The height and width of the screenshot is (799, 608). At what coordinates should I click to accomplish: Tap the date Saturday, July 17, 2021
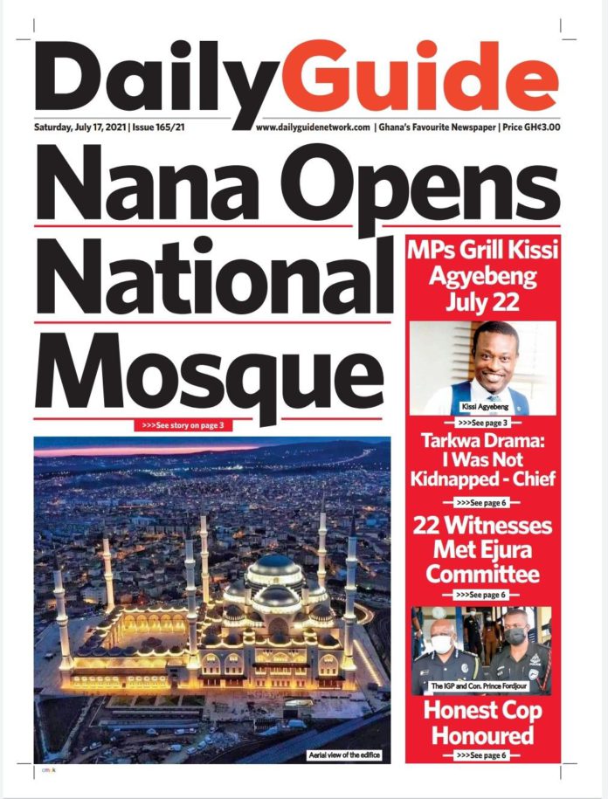tap(79, 127)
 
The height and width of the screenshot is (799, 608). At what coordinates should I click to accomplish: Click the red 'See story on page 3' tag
tap(184, 425)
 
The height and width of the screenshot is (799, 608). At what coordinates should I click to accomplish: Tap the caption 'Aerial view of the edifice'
tap(344, 754)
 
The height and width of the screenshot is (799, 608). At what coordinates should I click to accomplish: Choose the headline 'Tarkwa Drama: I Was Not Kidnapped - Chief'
tap(483, 460)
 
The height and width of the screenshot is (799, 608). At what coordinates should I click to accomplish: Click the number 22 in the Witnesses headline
tap(435, 527)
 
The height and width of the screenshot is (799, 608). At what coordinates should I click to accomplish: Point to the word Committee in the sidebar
tap(483, 575)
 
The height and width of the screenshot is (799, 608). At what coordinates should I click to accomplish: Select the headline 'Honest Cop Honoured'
tap(483, 723)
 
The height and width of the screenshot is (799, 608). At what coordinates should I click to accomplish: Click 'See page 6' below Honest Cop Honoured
tap(482, 755)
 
